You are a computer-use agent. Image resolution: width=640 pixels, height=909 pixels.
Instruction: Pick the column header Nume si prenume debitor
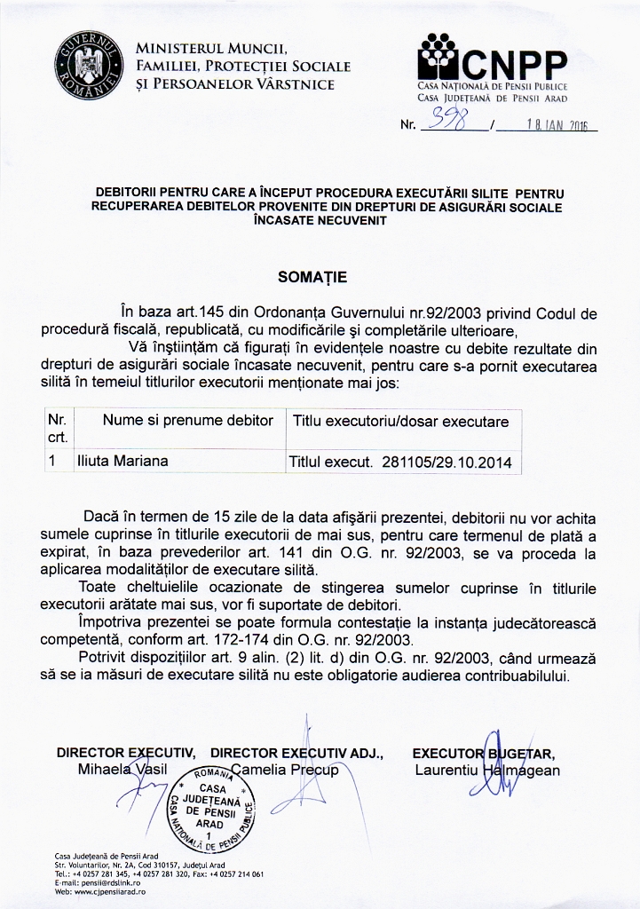[187, 421]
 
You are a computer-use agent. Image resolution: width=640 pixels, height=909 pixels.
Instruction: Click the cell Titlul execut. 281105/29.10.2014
[400, 462]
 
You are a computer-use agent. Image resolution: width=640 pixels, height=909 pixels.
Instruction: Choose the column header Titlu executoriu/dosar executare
[400, 421]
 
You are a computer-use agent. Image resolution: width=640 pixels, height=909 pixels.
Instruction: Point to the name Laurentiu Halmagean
[487, 770]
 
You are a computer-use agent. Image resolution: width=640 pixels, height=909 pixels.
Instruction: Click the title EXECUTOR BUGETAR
[483, 754]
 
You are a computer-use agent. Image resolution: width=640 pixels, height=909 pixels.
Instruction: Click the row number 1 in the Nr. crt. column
[54, 462]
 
